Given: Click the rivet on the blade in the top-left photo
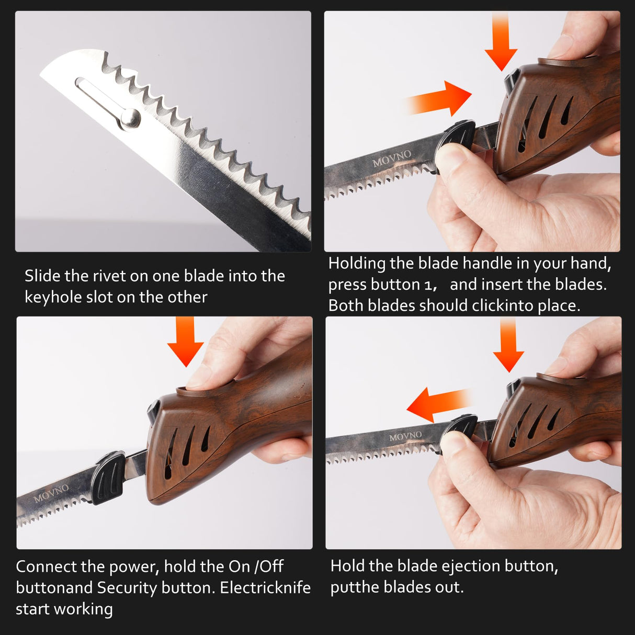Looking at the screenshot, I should pos(131,118).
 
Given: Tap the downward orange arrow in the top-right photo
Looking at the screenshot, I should pos(501,45).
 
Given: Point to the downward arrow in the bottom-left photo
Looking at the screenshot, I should pos(186,343).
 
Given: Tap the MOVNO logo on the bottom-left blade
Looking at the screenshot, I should pos(51,493).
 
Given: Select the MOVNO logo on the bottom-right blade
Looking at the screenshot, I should pos(405,436).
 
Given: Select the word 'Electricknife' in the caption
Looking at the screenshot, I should pos(265,588).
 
